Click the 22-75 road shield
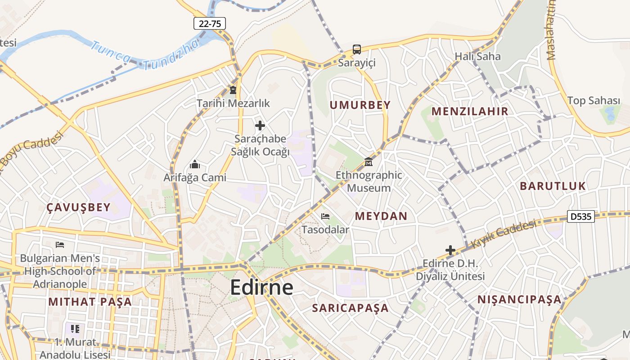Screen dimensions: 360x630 (x=209, y=23)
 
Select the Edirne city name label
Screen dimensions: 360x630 (x=261, y=288)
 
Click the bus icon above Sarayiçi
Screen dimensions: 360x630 (x=357, y=49)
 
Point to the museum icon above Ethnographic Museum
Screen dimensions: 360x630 (x=369, y=162)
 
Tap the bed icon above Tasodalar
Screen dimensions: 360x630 (x=325, y=216)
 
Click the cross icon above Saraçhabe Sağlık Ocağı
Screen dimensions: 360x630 (x=260, y=126)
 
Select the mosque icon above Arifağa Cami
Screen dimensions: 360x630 (x=195, y=164)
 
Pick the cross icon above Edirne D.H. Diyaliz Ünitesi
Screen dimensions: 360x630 (x=450, y=250)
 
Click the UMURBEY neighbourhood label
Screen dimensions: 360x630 (x=360, y=105)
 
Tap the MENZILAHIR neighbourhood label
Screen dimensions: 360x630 (x=470, y=111)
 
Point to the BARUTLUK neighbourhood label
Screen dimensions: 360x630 (x=553, y=186)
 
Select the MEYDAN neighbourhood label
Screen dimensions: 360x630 (x=381, y=216)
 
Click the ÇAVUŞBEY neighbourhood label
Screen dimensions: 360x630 (x=78, y=207)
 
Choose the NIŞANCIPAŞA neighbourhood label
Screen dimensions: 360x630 (x=519, y=299)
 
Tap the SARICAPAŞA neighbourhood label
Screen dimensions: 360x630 (x=350, y=308)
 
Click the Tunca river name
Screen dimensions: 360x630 (x=110, y=52)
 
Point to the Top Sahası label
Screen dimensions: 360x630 (x=593, y=100)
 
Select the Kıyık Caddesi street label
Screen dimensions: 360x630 (x=504, y=234)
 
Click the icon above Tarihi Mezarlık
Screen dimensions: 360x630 (x=233, y=90)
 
